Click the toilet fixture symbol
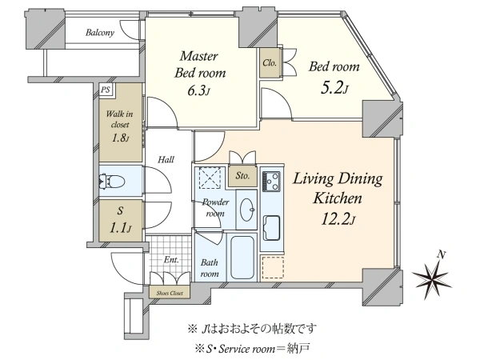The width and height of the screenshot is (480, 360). tap(112, 182)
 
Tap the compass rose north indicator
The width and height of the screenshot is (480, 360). tap(432, 276)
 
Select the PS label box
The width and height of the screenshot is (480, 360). tap(106, 90)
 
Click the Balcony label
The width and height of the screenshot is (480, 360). tap(100, 33)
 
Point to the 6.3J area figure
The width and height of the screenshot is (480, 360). tap(199, 90)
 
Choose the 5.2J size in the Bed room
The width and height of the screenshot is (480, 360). tap(334, 87)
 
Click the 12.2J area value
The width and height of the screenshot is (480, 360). tap(338, 218)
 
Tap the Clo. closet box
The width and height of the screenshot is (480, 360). tap(270, 62)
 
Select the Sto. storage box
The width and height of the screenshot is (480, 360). tap(242, 176)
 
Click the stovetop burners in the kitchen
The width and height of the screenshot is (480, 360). tap(271, 182)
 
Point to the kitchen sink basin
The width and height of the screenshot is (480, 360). tap(271, 227)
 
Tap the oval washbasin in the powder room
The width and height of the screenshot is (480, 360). tap(246, 210)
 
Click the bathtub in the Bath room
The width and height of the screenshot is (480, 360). tap(242, 257)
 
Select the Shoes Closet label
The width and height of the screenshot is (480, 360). tap(170, 293)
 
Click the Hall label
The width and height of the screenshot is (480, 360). tap(166, 159)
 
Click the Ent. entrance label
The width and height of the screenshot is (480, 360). tap(171, 260)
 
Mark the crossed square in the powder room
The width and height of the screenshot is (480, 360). tap(210, 177)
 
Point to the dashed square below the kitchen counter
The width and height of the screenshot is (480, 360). tap(273, 267)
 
